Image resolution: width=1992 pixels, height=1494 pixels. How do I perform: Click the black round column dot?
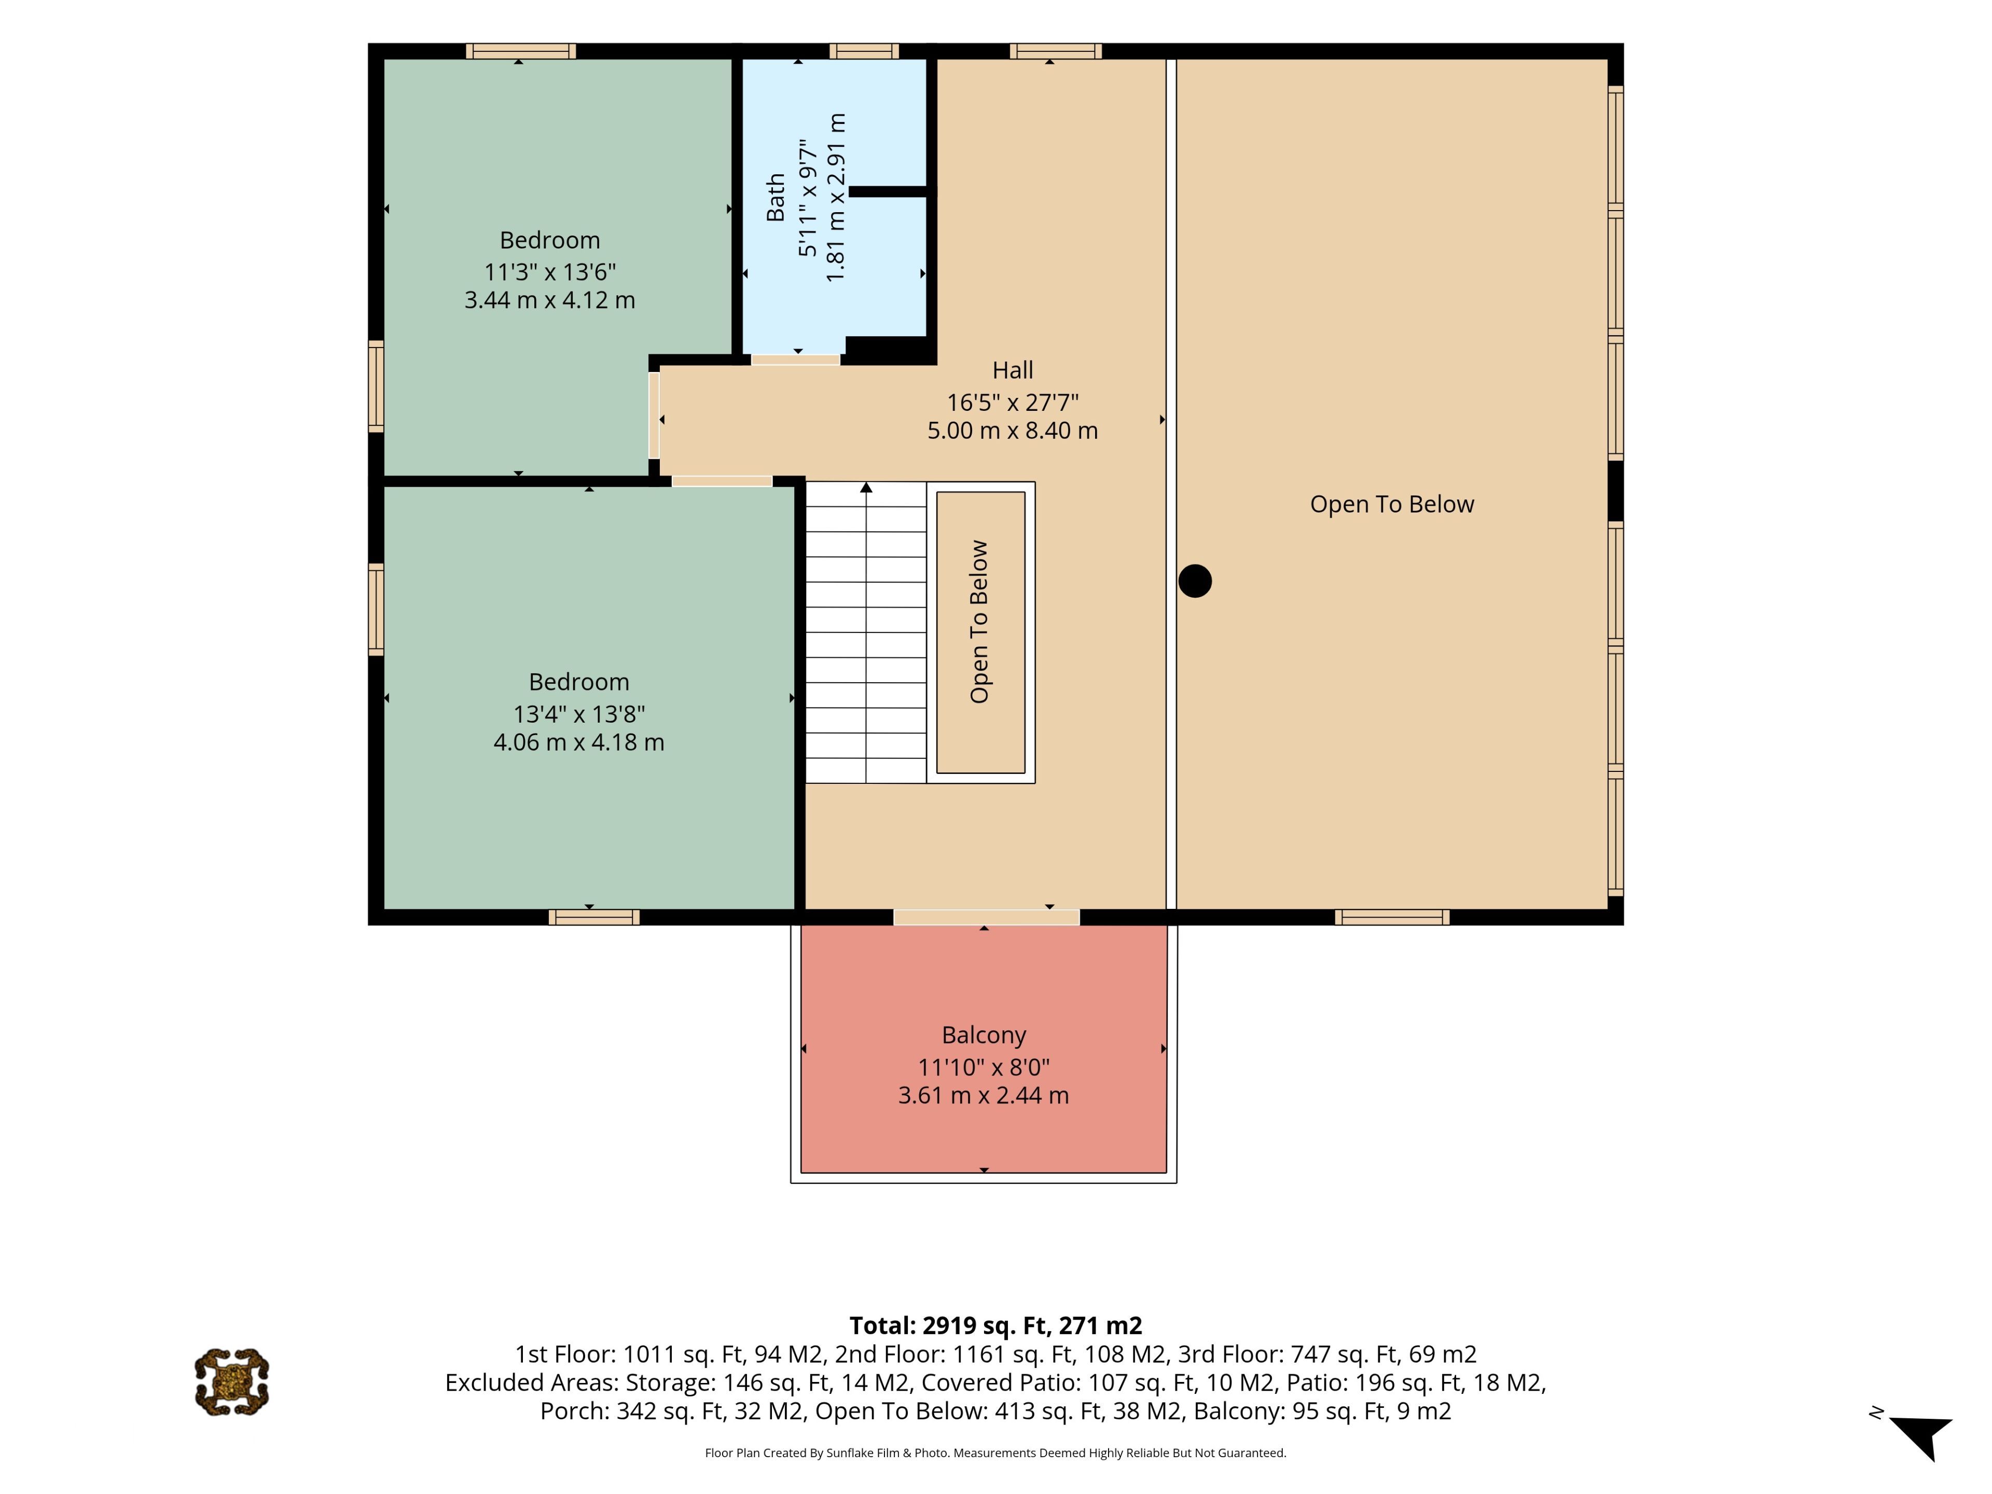click(x=1195, y=581)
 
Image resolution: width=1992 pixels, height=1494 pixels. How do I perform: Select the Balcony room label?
click(x=984, y=1035)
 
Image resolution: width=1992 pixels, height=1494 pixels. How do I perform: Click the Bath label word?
click(x=776, y=197)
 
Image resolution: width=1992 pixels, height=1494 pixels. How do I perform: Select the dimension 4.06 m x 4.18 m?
click(x=579, y=742)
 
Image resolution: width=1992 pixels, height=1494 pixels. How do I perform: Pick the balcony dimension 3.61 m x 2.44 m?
click(x=984, y=1095)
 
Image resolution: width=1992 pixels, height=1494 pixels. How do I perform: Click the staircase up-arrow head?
click(x=866, y=487)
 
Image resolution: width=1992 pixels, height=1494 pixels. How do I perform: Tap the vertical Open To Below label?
click(x=980, y=621)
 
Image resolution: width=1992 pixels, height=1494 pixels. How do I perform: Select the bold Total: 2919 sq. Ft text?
click(x=949, y=1325)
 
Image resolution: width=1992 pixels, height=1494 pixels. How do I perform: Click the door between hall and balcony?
click(x=986, y=917)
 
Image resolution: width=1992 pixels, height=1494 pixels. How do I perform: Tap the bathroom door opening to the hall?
click(x=796, y=359)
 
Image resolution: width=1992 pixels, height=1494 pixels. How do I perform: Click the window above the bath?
click(x=864, y=51)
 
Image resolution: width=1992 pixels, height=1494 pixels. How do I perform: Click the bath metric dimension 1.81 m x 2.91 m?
click(x=837, y=197)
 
